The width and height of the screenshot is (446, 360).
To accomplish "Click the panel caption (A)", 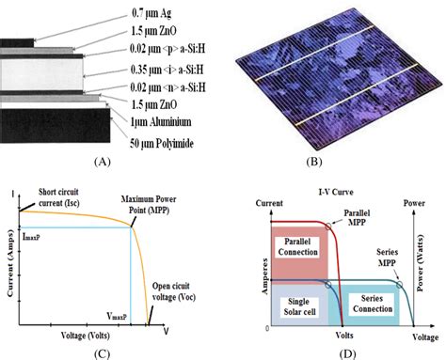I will (93, 161).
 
